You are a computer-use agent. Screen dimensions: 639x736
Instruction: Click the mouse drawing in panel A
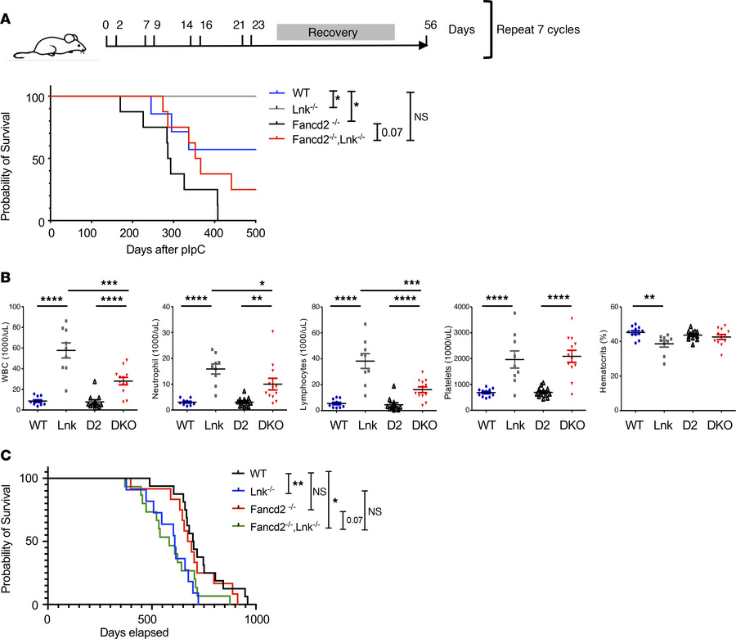(x=56, y=38)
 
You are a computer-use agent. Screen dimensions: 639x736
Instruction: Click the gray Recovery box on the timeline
(x=335, y=31)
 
